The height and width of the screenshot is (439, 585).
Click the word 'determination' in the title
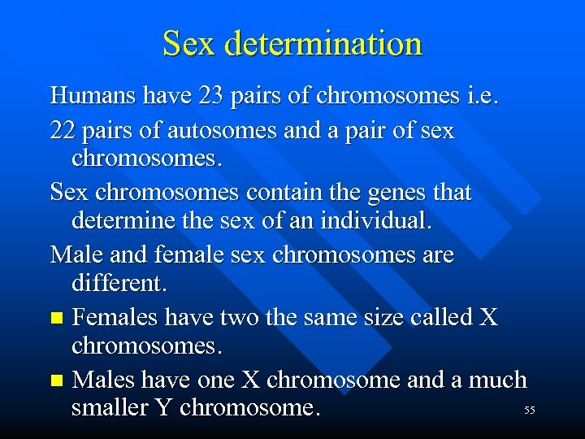pos(324,44)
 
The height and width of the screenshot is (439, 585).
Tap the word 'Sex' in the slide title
pos(190,44)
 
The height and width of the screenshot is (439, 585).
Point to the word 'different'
pos(119,284)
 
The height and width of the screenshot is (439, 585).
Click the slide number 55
pos(530,411)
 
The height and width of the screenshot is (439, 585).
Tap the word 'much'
pos(496,380)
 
